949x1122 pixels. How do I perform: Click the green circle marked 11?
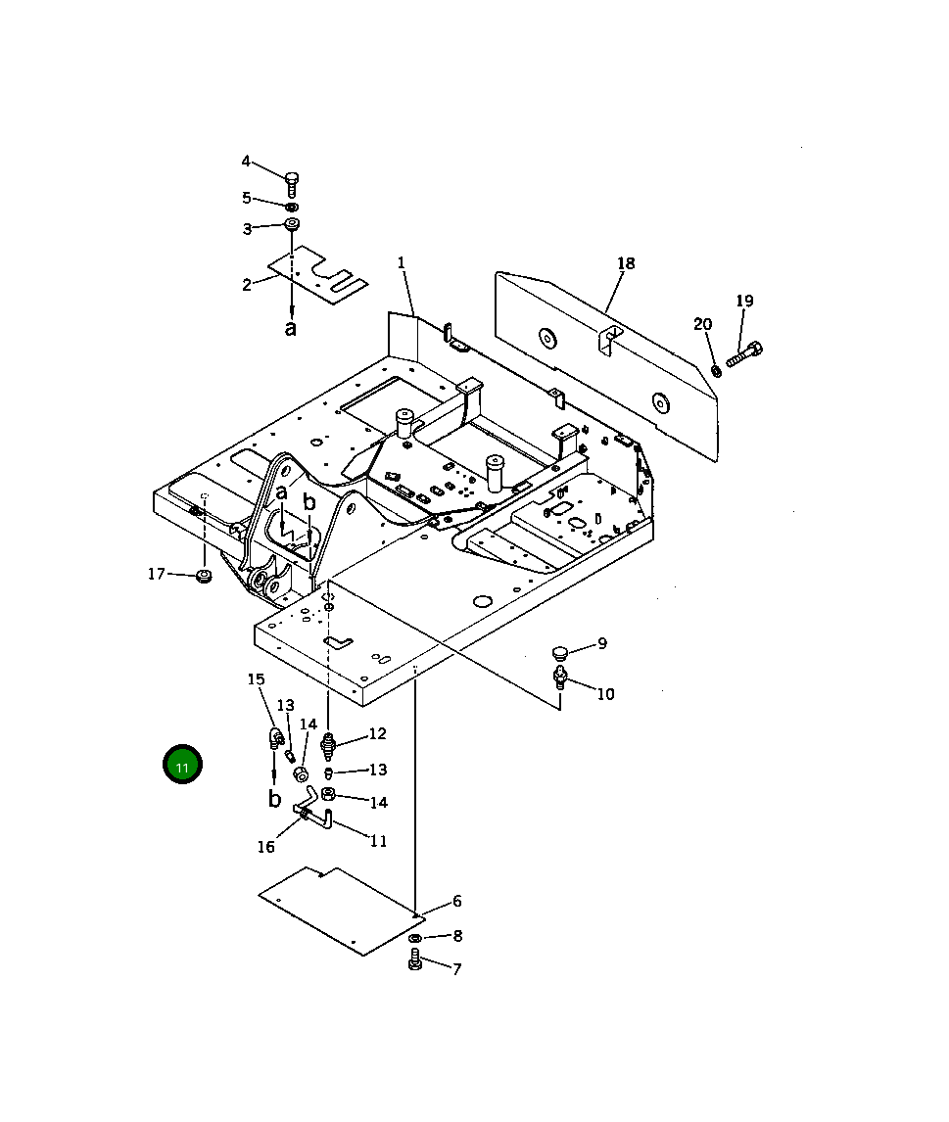point(182,765)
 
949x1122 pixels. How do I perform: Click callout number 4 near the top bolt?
point(246,162)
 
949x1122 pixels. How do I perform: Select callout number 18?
point(626,263)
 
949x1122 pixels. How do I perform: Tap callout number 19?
point(744,301)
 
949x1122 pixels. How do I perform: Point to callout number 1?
point(401,262)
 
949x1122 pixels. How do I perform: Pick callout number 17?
point(157,574)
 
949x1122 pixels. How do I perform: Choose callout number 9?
point(602,643)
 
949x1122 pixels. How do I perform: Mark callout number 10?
point(605,694)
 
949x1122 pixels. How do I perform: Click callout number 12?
point(377,733)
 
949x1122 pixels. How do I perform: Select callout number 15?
point(256,679)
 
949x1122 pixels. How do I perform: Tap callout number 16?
point(266,847)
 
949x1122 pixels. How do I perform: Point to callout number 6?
point(456,902)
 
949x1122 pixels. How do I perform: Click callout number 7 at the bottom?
point(456,969)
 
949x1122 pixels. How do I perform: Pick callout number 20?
point(702,324)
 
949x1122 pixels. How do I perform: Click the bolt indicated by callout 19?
point(745,353)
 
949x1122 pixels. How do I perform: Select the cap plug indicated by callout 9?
point(560,652)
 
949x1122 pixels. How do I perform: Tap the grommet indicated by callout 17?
point(204,575)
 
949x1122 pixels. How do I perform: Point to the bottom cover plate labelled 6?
point(333,909)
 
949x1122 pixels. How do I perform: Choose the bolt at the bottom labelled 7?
point(414,960)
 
